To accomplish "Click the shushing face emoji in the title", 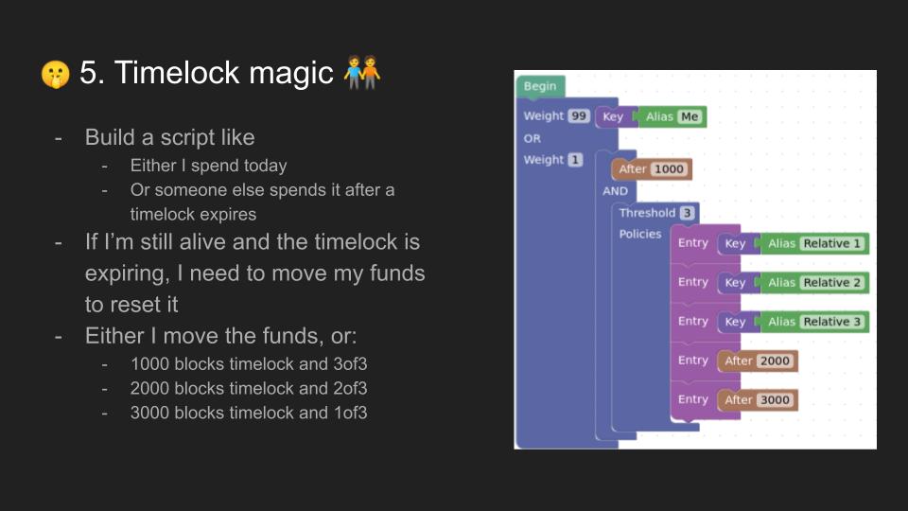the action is tap(56, 74).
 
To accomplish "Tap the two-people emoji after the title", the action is tap(362, 73).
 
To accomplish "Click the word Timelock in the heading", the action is tap(177, 73).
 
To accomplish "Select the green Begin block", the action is tap(540, 86).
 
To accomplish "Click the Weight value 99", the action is tap(579, 115).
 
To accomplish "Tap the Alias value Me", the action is tap(690, 116).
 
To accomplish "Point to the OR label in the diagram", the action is tap(533, 138).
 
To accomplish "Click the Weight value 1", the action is tap(575, 160).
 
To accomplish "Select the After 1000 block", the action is tap(652, 169).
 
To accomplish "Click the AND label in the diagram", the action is tap(615, 191).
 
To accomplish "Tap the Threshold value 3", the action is tap(687, 213).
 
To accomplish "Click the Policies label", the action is tap(640, 234).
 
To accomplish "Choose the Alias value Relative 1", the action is tap(831, 243).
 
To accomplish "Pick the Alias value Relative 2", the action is tap(831, 283).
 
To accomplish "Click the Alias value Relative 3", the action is tap(831, 322).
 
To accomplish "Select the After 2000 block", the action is tap(758, 361).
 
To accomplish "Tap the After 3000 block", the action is tap(758, 399).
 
